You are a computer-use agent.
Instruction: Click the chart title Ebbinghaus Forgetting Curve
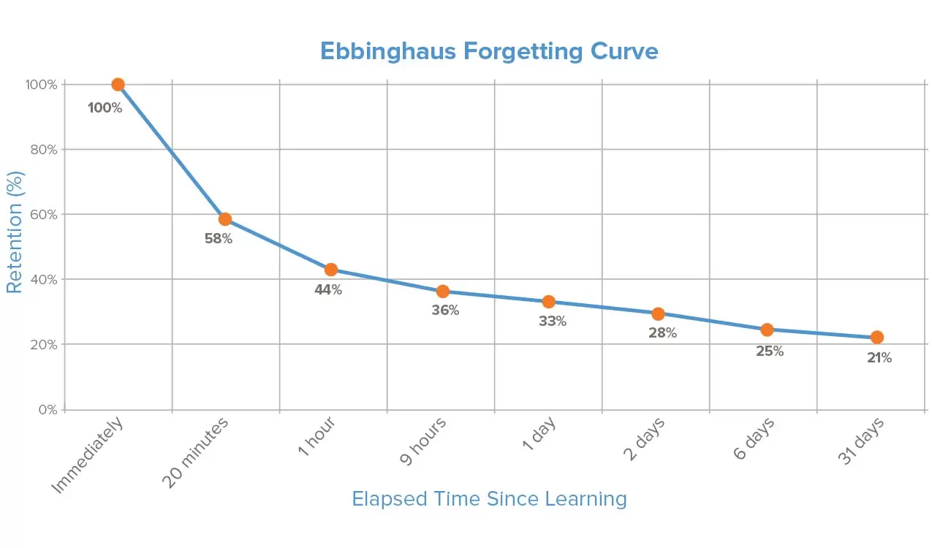[x=489, y=52]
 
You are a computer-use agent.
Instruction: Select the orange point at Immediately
[x=118, y=85]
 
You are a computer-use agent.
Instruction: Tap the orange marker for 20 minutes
[x=225, y=219]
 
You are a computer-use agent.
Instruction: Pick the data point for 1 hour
[x=330, y=270]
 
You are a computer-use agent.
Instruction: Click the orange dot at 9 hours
[x=442, y=292]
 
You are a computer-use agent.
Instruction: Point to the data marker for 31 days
[x=876, y=337]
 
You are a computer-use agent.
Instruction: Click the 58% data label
[x=219, y=238]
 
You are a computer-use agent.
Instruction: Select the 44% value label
[x=328, y=289]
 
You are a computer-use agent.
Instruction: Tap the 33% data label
[x=553, y=321]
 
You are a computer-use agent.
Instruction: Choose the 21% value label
[x=879, y=358]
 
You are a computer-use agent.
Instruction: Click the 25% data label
[x=770, y=351]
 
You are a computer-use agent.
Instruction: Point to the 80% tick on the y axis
[x=42, y=150]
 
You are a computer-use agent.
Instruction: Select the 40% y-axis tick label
[x=42, y=280]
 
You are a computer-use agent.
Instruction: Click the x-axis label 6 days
[x=754, y=439]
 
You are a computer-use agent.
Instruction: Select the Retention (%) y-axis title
[x=15, y=232]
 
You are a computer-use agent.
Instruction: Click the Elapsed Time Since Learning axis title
[x=489, y=499]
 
